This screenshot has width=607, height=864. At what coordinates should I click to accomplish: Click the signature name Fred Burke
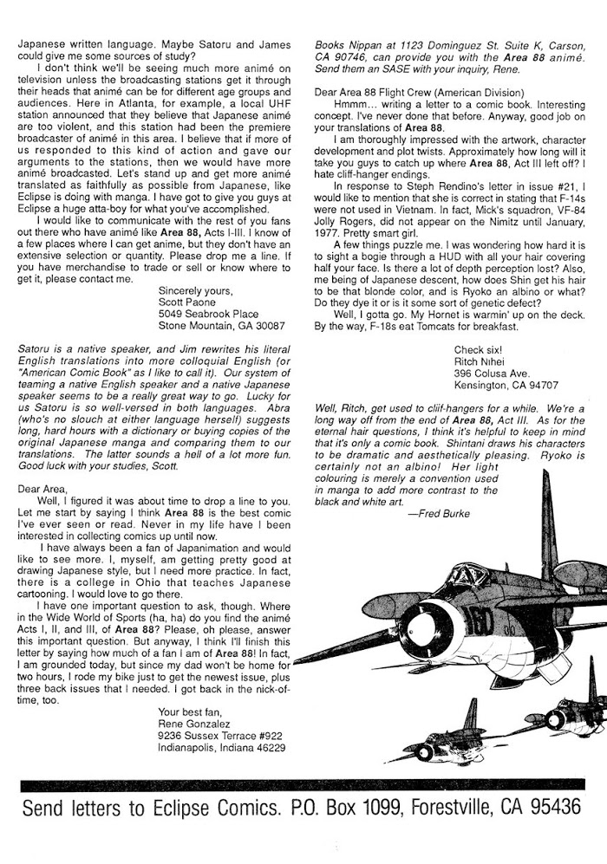438,513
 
